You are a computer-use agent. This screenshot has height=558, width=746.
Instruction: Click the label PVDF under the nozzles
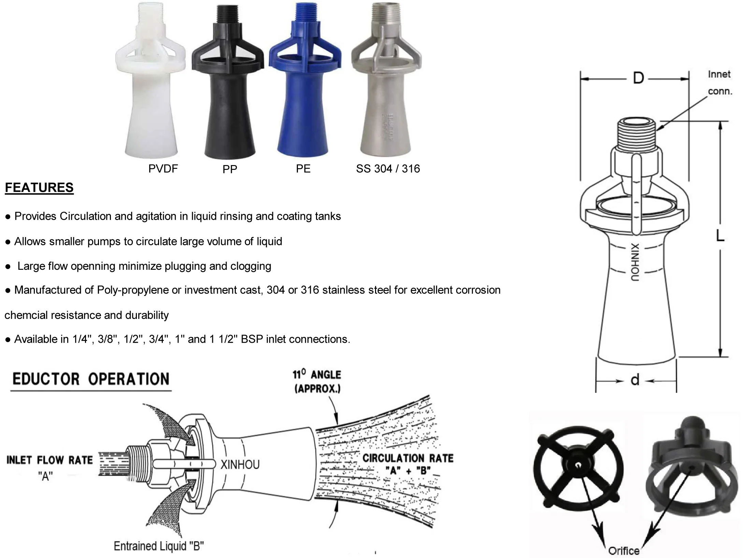[x=163, y=168]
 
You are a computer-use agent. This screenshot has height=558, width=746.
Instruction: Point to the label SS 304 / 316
[x=388, y=168]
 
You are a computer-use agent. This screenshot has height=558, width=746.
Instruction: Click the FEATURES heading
[x=39, y=188]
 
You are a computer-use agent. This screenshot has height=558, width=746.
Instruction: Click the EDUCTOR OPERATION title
[x=91, y=379]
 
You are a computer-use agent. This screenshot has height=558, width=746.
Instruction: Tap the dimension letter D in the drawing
[x=639, y=78]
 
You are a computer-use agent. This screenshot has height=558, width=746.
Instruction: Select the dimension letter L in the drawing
[x=720, y=236]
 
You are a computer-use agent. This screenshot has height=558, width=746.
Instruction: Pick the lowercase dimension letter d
[x=635, y=380]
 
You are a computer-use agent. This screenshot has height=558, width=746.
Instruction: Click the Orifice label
[x=623, y=550]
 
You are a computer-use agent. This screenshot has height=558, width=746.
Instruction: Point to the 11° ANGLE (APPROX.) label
[x=317, y=382]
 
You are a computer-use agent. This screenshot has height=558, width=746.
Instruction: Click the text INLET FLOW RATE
[x=49, y=460]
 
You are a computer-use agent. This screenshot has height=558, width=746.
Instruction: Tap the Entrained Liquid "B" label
[x=159, y=546]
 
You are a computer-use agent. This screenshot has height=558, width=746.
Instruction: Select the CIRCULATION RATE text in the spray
[x=408, y=458]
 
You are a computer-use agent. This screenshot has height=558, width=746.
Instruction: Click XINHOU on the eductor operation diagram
[x=240, y=465]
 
